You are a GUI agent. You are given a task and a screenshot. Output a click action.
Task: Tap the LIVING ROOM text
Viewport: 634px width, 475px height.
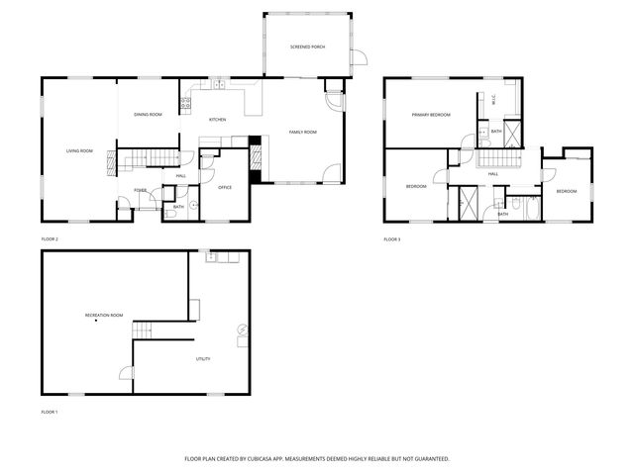[79, 150]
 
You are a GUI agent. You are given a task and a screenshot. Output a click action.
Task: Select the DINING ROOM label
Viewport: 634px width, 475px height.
[148, 115]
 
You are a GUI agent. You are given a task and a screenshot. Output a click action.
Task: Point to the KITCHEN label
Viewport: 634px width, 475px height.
[217, 120]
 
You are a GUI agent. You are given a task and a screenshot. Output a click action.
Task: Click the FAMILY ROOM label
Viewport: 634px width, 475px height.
[302, 132]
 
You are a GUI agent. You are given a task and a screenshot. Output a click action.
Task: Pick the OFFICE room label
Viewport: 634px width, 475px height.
[225, 187]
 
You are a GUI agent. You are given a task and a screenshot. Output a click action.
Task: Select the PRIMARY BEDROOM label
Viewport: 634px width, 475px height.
[431, 115]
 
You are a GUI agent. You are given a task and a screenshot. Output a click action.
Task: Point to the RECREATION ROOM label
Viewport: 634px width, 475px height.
[104, 315]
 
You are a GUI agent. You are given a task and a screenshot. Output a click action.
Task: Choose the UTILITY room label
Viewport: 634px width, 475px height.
[201, 359]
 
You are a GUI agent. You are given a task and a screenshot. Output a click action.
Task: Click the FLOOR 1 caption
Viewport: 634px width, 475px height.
[50, 411]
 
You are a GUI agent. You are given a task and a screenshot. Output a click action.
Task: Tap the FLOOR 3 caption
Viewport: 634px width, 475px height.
[393, 239]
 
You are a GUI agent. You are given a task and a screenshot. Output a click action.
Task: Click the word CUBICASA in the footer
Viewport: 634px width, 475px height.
[280, 459]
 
